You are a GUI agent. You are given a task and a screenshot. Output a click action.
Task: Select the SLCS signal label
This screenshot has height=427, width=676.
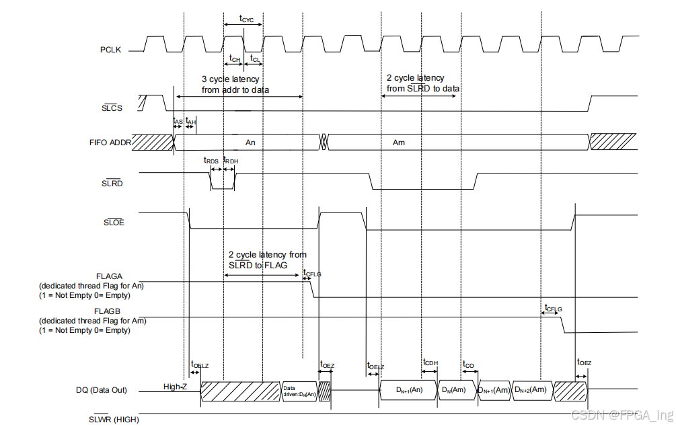(112, 108)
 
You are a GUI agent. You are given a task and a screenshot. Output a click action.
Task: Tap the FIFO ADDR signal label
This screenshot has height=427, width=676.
(110, 143)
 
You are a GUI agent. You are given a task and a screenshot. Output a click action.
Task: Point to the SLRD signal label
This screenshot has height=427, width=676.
(112, 184)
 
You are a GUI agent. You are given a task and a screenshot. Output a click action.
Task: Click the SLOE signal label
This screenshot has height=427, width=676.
(112, 223)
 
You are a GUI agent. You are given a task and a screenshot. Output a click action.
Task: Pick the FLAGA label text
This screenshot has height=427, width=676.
(109, 276)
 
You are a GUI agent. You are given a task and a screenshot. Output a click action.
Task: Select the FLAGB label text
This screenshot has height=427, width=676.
(109, 311)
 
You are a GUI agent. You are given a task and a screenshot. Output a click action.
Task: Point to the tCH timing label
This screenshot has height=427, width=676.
(234, 59)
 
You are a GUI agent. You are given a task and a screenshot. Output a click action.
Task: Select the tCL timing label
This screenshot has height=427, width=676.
(255, 59)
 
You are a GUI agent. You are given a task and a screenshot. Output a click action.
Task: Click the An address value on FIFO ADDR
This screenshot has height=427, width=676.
(250, 143)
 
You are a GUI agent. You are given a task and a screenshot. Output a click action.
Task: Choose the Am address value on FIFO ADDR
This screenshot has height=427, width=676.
(399, 143)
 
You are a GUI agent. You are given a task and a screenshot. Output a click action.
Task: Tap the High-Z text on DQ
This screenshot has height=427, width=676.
(176, 387)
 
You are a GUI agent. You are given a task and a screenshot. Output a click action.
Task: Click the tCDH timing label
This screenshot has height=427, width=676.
(430, 362)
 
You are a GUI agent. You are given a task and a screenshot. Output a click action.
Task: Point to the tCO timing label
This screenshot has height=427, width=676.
(468, 364)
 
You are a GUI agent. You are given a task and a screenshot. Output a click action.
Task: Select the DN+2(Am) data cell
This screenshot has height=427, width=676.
(530, 389)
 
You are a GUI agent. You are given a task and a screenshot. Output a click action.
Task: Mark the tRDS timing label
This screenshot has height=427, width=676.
(211, 160)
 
